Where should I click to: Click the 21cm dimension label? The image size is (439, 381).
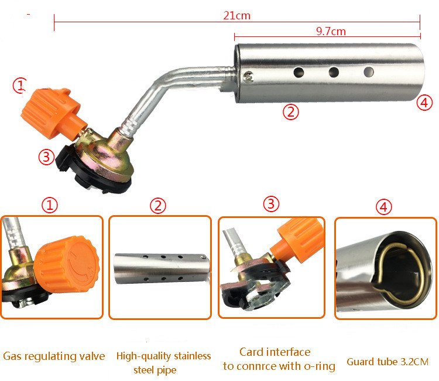(236, 15)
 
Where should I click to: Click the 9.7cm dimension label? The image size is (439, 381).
(331, 31)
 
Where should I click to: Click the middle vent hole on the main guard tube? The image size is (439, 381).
(334, 72)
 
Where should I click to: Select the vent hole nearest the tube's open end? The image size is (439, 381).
(369, 72)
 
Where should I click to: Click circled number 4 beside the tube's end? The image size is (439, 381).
(424, 103)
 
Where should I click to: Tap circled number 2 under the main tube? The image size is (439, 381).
(290, 112)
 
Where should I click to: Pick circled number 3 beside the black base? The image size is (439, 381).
(46, 157)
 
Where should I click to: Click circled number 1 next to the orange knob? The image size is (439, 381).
(20, 85)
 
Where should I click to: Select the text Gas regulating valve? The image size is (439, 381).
(54, 356)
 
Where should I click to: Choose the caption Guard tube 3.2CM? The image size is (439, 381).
(387, 362)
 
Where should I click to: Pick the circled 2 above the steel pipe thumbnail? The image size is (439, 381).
(158, 206)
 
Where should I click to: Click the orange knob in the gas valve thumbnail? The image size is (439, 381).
(67, 264)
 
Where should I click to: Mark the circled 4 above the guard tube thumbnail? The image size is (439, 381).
(383, 207)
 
